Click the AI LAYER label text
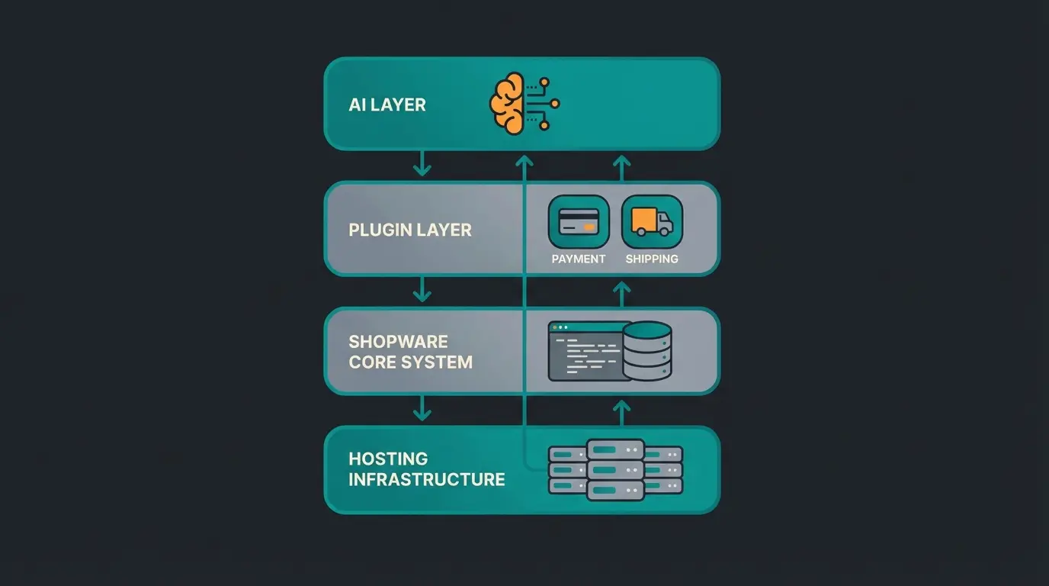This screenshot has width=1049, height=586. (x=387, y=105)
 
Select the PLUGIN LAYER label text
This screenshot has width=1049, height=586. (x=409, y=230)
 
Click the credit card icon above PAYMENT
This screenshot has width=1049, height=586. (x=579, y=221)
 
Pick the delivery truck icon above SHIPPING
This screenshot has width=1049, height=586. (x=652, y=221)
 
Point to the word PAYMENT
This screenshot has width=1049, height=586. (x=579, y=259)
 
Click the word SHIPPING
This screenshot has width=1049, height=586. (x=652, y=259)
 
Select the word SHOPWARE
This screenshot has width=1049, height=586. (x=398, y=341)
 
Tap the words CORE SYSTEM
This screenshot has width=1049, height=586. (x=410, y=362)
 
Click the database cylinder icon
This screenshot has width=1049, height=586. (x=647, y=351)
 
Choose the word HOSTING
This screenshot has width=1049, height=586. (x=388, y=459)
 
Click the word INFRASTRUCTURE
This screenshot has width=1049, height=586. (x=426, y=479)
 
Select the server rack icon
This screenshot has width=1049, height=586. (x=616, y=469)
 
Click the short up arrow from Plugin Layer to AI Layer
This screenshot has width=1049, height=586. (x=622, y=167)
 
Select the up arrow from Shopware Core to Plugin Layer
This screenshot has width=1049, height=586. (x=622, y=293)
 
